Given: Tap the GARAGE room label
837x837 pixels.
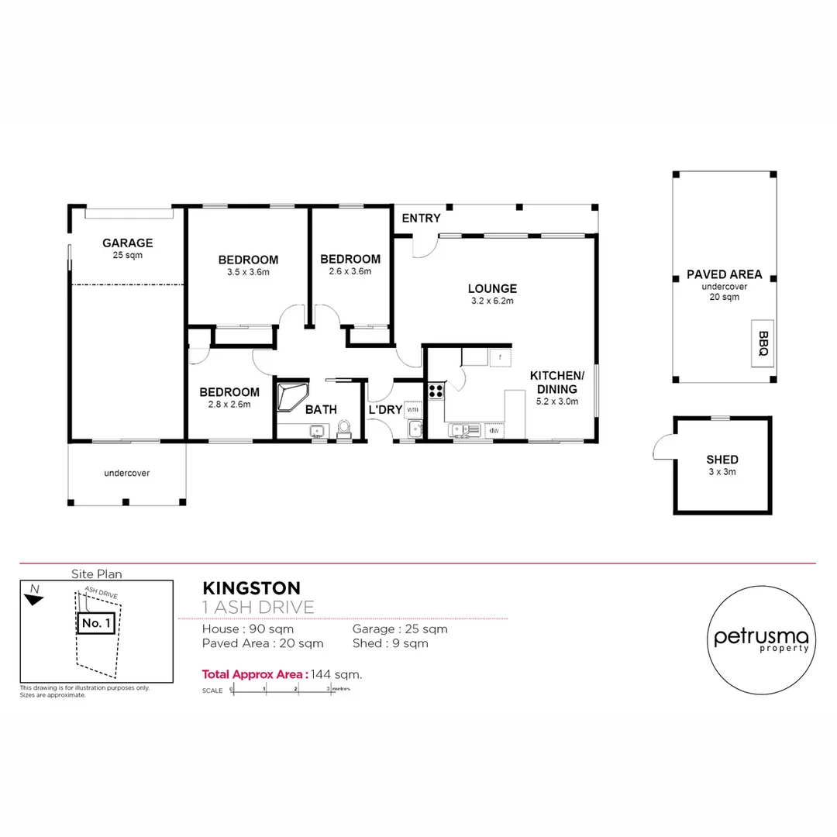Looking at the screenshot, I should pos(127,243).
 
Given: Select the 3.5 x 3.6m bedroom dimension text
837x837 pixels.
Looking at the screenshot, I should pos(248,272).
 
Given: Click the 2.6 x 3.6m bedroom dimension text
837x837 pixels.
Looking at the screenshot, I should pos(350,271).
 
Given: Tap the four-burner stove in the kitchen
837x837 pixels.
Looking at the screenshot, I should pos(436,391).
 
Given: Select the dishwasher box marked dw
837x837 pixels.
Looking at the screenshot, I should pos(494,430).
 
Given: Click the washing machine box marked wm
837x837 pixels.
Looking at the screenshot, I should pos(412,408).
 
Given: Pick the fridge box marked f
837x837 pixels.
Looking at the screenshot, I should pos(500,357).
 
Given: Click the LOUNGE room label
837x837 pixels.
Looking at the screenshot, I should pos(493,288).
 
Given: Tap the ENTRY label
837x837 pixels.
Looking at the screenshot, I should pos(421,219).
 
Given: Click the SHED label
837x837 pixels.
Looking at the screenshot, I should pos(722,459).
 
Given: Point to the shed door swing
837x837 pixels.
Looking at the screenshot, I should pos(663,447).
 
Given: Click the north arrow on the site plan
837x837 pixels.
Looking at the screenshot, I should pos(33,595).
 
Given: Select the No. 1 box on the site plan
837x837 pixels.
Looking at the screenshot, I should pos(98,622).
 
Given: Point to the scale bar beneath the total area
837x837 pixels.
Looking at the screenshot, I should pos(282,689).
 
